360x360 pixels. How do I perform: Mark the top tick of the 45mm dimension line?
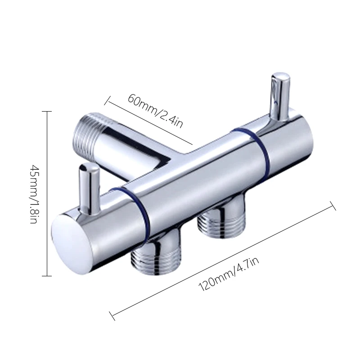click(46, 111)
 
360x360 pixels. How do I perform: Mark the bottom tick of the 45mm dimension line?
click(46, 275)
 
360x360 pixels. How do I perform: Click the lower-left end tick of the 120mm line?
click(112, 315)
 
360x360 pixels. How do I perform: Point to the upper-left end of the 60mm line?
click(106, 96)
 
